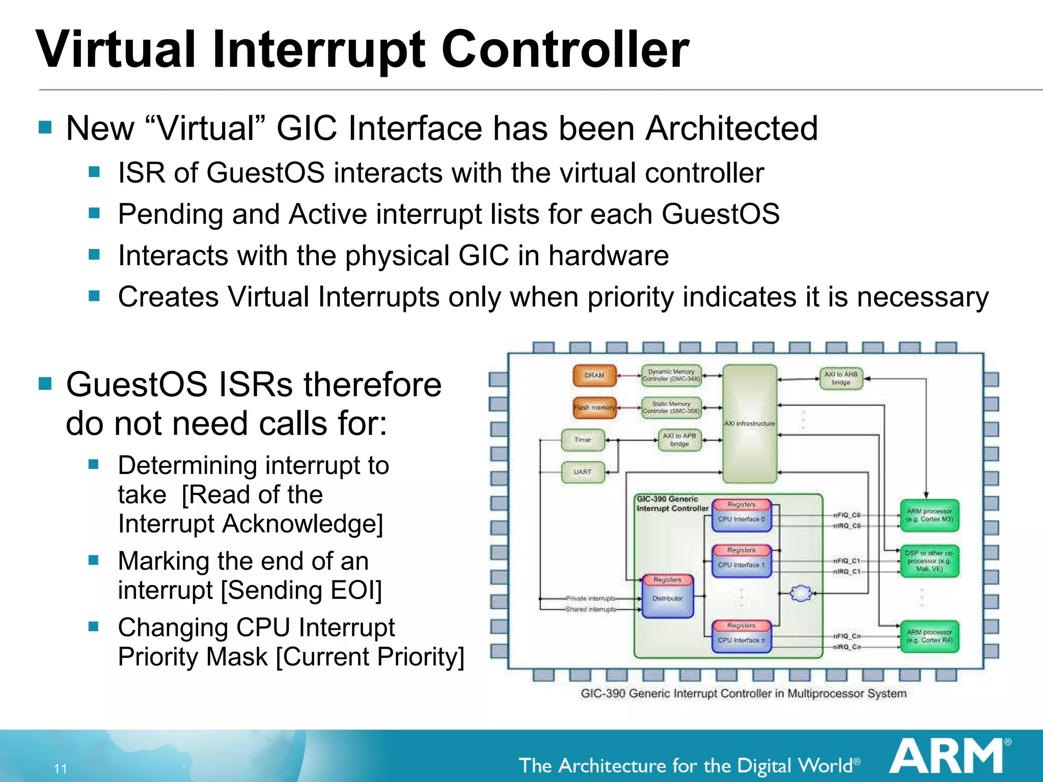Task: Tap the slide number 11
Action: pyautogui.click(x=60, y=769)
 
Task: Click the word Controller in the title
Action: pyautogui.click(x=565, y=49)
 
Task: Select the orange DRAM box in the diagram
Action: pyautogui.click(x=594, y=376)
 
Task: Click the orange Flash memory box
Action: pyautogui.click(x=594, y=408)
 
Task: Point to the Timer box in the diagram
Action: pyautogui.click(x=583, y=440)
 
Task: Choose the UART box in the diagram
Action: pyautogui.click(x=583, y=472)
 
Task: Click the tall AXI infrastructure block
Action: pyautogui.click(x=749, y=424)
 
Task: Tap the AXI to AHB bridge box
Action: pyautogui.click(x=841, y=378)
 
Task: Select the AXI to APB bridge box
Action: pyautogui.click(x=679, y=440)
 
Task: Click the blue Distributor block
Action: pyautogui.click(x=667, y=599)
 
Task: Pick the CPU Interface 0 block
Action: pyautogui.click(x=741, y=519)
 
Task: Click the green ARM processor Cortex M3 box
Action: pyautogui.click(x=929, y=515)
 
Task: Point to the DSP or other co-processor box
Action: pyautogui.click(x=929, y=561)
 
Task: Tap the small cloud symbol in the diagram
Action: pyautogui.click(x=801, y=593)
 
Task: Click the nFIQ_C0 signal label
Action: pyautogui.click(x=846, y=515)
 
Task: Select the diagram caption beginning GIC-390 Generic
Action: pyautogui.click(x=743, y=693)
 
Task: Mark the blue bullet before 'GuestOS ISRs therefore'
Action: pyautogui.click(x=45, y=383)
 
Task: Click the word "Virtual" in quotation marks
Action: pyautogui.click(x=206, y=128)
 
